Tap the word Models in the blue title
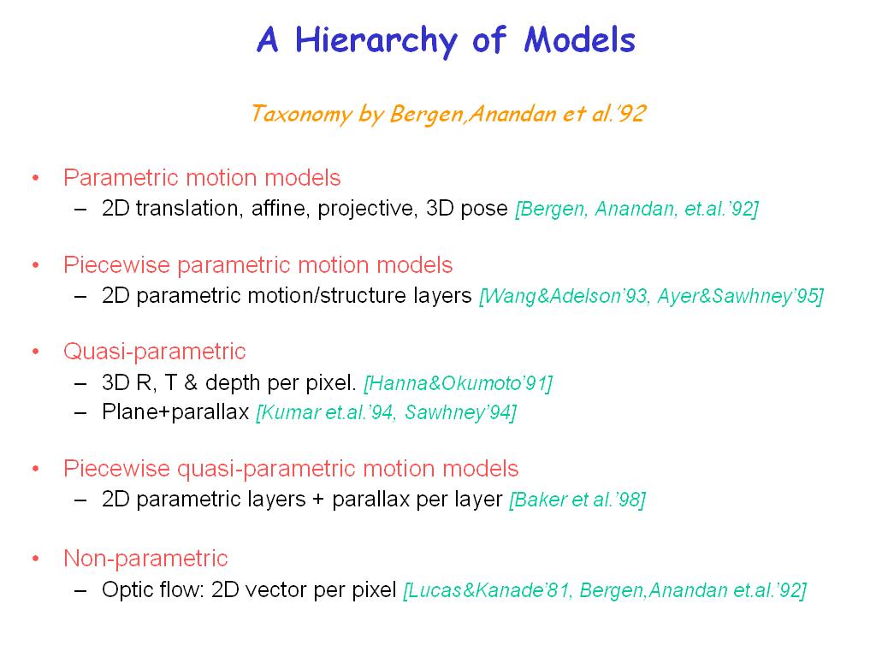click(580, 39)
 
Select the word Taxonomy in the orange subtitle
click(300, 114)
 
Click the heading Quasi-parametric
click(155, 352)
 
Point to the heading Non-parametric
click(145, 558)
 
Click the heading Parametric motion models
click(202, 178)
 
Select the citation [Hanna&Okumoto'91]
click(459, 383)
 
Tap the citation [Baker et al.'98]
click(577, 500)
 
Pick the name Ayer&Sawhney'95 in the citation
click(737, 296)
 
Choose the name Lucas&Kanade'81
click(489, 590)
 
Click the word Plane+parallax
click(175, 412)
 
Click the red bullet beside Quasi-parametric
click(36, 352)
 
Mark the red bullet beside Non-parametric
click(36, 558)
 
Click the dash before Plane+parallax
click(80, 413)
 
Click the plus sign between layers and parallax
click(319, 500)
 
